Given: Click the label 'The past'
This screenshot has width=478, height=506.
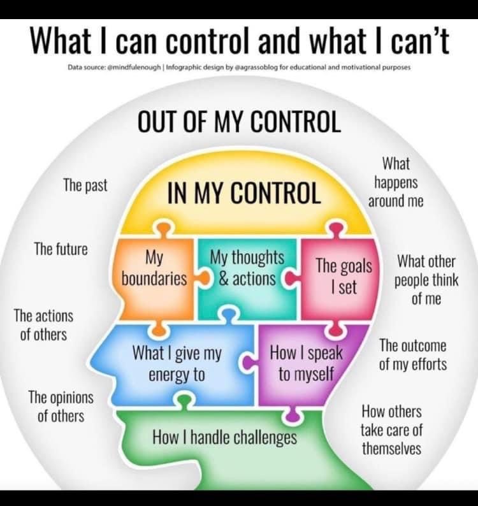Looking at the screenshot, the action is pyautogui.click(x=85, y=185).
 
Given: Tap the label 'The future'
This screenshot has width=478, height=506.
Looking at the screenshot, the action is pyautogui.click(x=61, y=249).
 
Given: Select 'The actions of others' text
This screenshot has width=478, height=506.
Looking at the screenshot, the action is pyautogui.click(x=43, y=324).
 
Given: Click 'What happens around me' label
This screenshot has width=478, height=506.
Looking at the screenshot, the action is pyautogui.click(x=396, y=182).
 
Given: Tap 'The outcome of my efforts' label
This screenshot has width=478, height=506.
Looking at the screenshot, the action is pyautogui.click(x=413, y=355).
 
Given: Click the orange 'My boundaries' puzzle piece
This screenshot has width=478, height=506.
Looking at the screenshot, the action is pyautogui.click(x=154, y=269).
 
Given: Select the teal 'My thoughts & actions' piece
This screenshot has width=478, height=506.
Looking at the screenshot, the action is pyautogui.click(x=247, y=268).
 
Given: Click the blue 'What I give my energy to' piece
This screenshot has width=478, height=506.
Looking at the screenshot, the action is pyautogui.click(x=176, y=363).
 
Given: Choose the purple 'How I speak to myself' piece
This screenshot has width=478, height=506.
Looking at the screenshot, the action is pyautogui.click(x=306, y=363).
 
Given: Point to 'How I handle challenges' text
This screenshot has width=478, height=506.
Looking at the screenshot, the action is pyautogui.click(x=224, y=438).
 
